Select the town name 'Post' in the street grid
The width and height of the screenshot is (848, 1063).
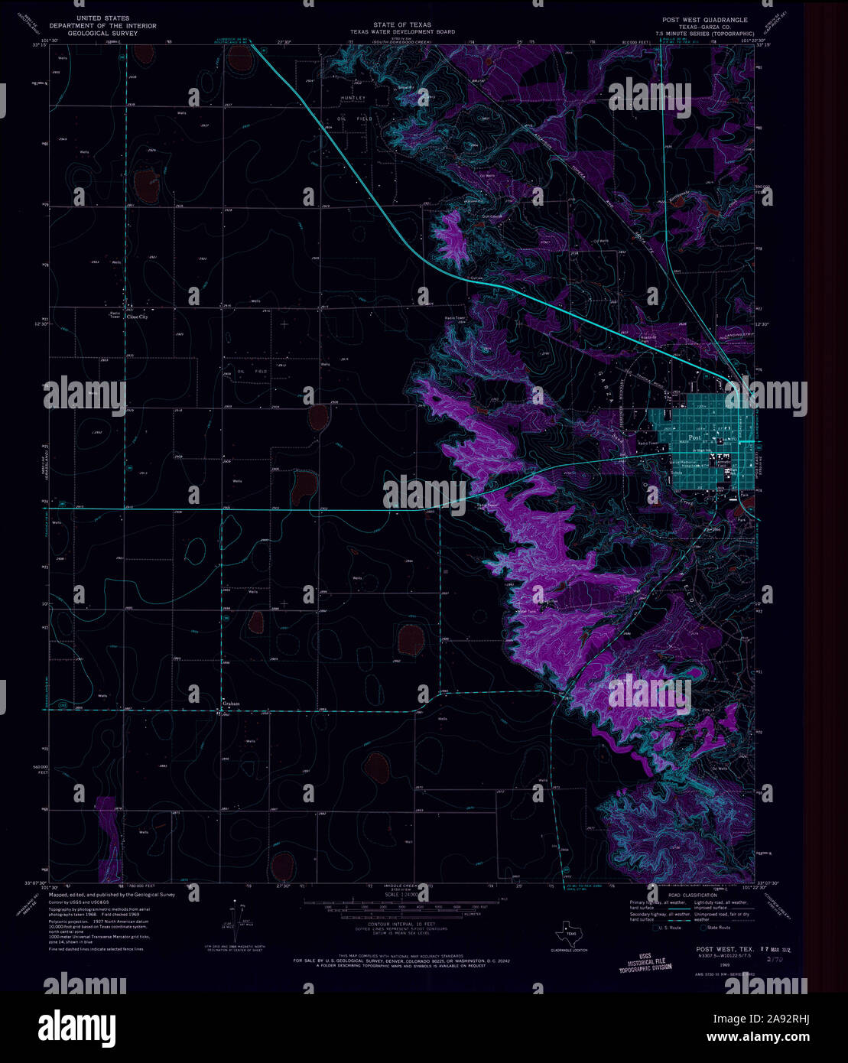[694, 437]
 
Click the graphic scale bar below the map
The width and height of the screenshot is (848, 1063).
[398, 905]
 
